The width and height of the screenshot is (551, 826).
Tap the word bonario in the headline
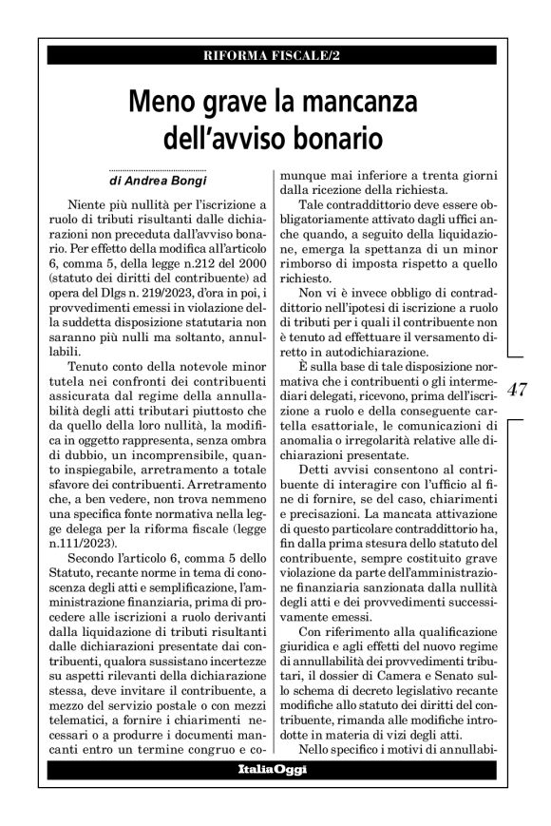pos(334,139)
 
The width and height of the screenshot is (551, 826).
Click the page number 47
pos(519,390)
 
